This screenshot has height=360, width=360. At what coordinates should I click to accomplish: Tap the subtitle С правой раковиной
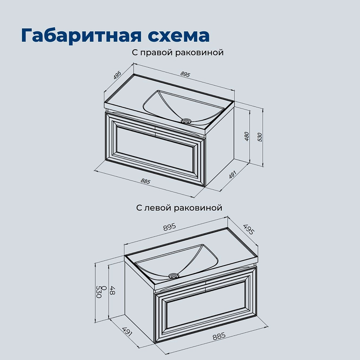178,53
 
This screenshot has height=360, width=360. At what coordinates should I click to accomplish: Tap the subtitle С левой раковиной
179,208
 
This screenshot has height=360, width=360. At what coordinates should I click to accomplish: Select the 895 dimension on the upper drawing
185,75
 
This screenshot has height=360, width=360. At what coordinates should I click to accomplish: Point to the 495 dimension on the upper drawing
117,75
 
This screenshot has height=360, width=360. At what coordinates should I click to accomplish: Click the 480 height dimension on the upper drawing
247,136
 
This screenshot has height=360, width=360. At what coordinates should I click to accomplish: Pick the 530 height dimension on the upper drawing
260,137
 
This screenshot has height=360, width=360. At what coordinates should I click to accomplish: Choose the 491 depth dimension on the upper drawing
232,175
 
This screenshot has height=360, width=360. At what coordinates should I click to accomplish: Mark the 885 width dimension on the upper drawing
145,181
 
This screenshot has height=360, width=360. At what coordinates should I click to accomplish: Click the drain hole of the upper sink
186,121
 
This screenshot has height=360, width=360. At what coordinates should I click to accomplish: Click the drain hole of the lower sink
174,276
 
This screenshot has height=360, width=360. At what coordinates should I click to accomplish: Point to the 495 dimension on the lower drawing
249,230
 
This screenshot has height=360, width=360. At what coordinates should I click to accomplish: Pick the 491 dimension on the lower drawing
127,332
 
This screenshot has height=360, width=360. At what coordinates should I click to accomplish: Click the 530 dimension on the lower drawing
99,292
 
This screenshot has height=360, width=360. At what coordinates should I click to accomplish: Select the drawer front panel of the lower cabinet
206,304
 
